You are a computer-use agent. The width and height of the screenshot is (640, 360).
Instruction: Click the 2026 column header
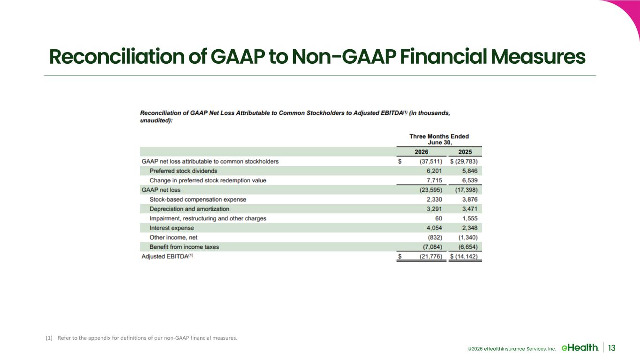pyautogui.click(x=422, y=152)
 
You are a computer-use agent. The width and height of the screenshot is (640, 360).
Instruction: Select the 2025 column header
pyautogui.click(x=465, y=152)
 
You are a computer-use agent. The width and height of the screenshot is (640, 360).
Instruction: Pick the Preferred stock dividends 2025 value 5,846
pyautogui.click(x=470, y=171)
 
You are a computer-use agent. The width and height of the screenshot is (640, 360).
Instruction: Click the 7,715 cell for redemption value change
pyautogui.click(x=434, y=180)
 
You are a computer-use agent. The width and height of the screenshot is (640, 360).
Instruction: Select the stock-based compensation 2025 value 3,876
pyautogui.click(x=470, y=199)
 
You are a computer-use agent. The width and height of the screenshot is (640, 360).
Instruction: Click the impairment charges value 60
pyautogui.click(x=438, y=218)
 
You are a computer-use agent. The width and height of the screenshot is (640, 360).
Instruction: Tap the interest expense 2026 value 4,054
pyautogui.click(x=434, y=228)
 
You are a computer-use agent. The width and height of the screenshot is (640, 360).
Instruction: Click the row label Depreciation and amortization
pyautogui.click(x=189, y=209)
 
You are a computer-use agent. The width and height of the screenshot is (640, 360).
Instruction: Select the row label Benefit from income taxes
pyautogui.click(x=184, y=247)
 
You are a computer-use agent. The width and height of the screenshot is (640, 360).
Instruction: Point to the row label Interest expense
pyautogui.click(x=172, y=228)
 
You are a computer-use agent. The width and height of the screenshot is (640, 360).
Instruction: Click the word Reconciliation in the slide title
pyautogui.click(x=117, y=57)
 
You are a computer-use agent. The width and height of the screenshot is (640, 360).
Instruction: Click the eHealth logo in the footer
pyautogui.click(x=580, y=347)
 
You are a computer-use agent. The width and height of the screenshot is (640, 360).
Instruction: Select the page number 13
pyautogui.click(x=612, y=348)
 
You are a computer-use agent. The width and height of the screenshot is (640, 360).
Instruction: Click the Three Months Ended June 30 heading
pyautogui.click(x=439, y=139)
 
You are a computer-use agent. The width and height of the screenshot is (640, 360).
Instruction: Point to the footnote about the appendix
pyautogui.click(x=142, y=338)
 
